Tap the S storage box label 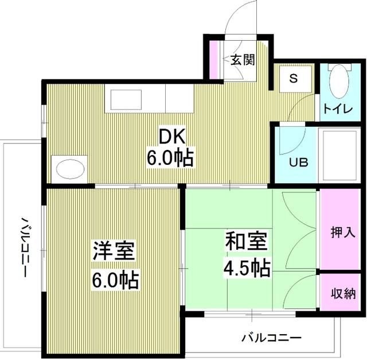(x=293, y=79)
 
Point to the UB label (x=297, y=162)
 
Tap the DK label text (x=170, y=137)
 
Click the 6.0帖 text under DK (x=170, y=157)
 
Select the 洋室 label (x=115, y=253)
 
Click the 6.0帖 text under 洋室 (x=115, y=280)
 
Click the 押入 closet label (x=343, y=233)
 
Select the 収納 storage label (x=343, y=293)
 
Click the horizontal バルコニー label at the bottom (x=271, y=336)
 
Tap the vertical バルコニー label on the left (x=25, y=247)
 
